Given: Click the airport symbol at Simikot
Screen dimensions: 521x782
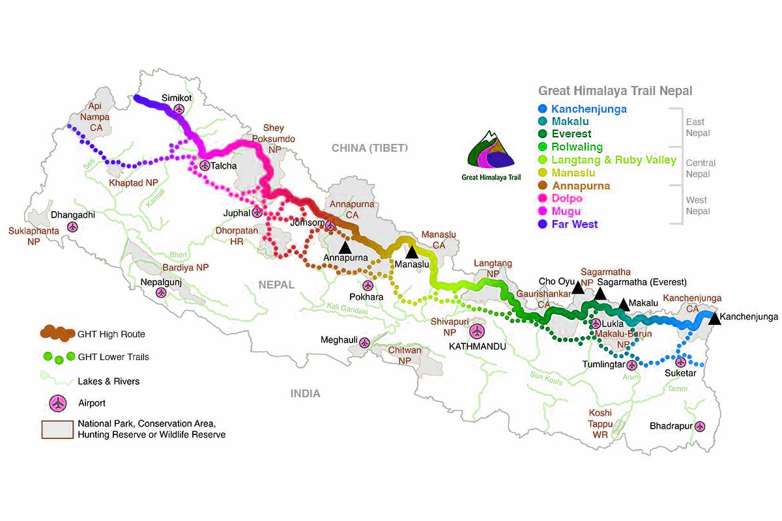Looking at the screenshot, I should [179, 109].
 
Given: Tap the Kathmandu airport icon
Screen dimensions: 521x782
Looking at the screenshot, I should [477, 331].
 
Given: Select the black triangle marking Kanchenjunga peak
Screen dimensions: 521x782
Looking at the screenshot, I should [714, 318].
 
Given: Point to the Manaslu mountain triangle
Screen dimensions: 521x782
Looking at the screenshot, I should [412, 252].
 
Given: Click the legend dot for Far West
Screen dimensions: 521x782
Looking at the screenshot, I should [542, 224].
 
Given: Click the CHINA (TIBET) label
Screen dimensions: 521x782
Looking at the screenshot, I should [369, 148].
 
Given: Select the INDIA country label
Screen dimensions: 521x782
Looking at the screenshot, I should [305, 393].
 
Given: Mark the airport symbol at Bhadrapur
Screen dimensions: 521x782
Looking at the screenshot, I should [700, 427].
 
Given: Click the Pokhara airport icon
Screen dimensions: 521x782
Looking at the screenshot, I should [368, 285].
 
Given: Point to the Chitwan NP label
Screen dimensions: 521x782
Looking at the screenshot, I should [405, 355].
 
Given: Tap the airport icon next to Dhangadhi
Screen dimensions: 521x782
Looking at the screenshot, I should [72, 227].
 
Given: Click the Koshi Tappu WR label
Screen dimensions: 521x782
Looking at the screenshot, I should [600, 423].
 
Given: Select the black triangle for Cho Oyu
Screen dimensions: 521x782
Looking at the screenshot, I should [578, 287].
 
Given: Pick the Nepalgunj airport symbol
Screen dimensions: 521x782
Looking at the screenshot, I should [161, 292].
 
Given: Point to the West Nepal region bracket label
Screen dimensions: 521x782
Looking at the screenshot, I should [697, 205].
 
